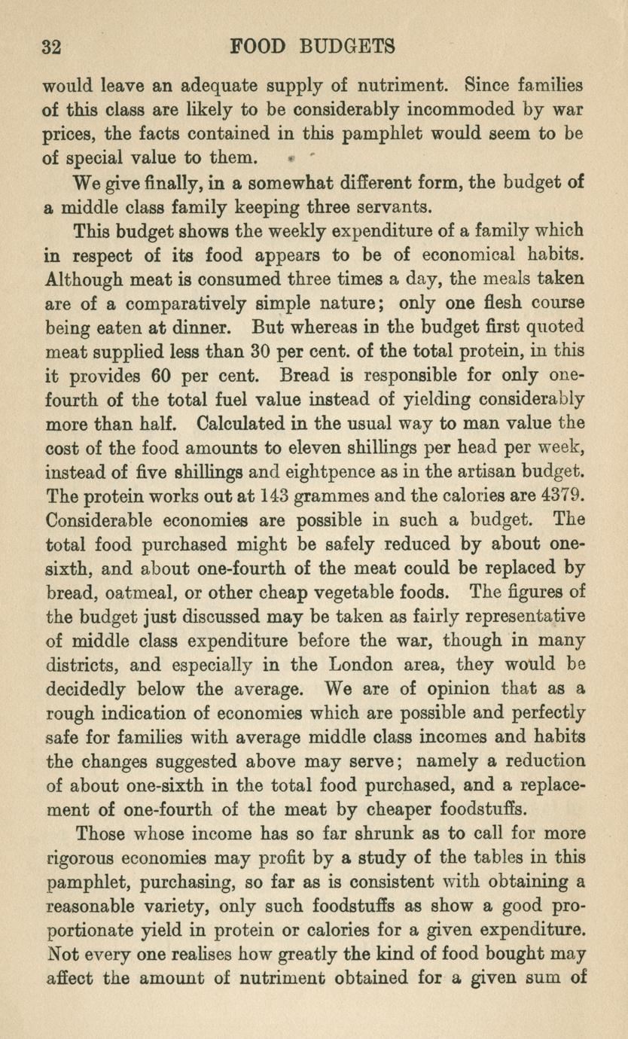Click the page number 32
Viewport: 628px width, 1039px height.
pyautogui.click(x=52, y=47)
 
